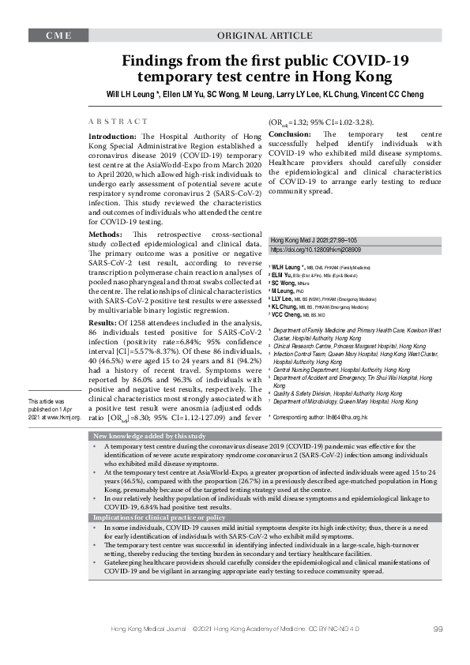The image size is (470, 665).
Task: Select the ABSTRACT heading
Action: pyautogui.click(x=118, y=122)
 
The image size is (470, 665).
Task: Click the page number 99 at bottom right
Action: pyautogui.click(x=438, y=650)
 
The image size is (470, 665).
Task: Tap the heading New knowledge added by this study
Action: pyautogui.click(x=150, y=436)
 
